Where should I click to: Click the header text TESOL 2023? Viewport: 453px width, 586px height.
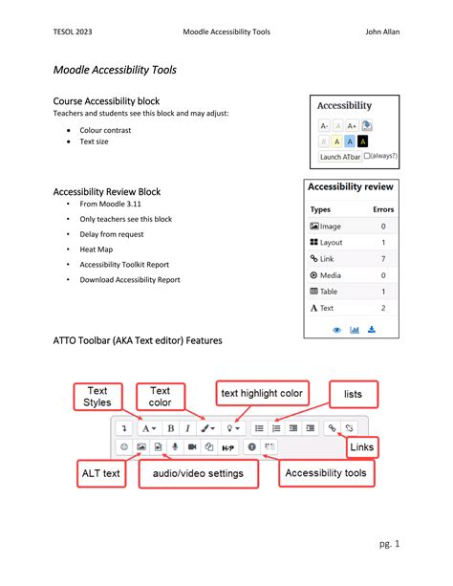[75, 33]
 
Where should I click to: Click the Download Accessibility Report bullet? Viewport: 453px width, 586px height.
[130, 279]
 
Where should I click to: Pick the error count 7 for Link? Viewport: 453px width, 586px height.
[383, 259]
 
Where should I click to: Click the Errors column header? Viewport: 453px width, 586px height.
[382, 209]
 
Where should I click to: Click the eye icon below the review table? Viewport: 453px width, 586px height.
[336, 330]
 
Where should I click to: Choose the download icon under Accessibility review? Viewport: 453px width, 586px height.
[372, 330]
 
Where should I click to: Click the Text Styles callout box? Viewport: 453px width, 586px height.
[97, 396]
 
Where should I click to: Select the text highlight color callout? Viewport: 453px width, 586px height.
[262, 393]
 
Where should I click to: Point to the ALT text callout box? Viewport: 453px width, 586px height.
[98, 472]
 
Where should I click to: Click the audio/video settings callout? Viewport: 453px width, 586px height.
[198, 472]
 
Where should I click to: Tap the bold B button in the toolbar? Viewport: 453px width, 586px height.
[170, 428]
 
